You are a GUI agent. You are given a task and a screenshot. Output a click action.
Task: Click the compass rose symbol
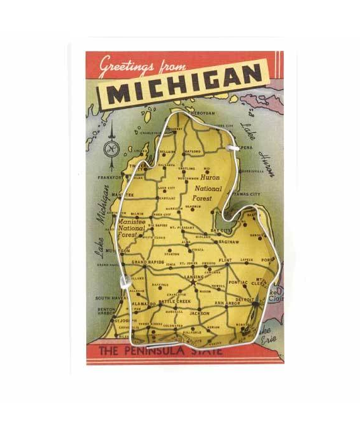(111, 149)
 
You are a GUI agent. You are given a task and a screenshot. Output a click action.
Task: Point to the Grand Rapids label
(147, 262)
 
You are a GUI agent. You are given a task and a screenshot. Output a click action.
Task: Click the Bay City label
(221, 231)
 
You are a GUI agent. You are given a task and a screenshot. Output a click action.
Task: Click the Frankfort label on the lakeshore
(109, 177)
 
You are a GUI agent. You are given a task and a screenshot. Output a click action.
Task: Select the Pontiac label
(238, 283)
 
